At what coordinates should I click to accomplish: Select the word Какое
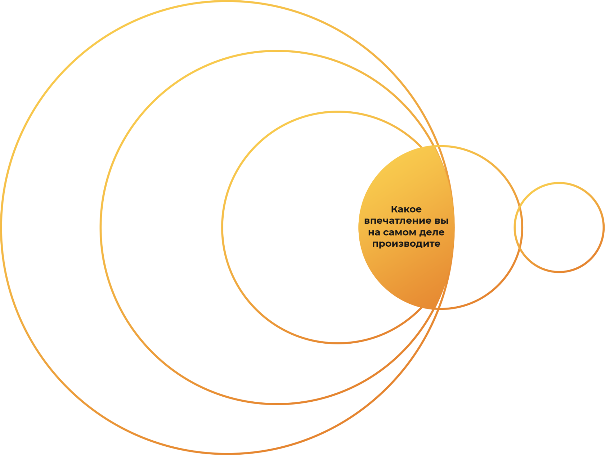[406, 209]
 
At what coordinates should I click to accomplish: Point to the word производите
[406, 244]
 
